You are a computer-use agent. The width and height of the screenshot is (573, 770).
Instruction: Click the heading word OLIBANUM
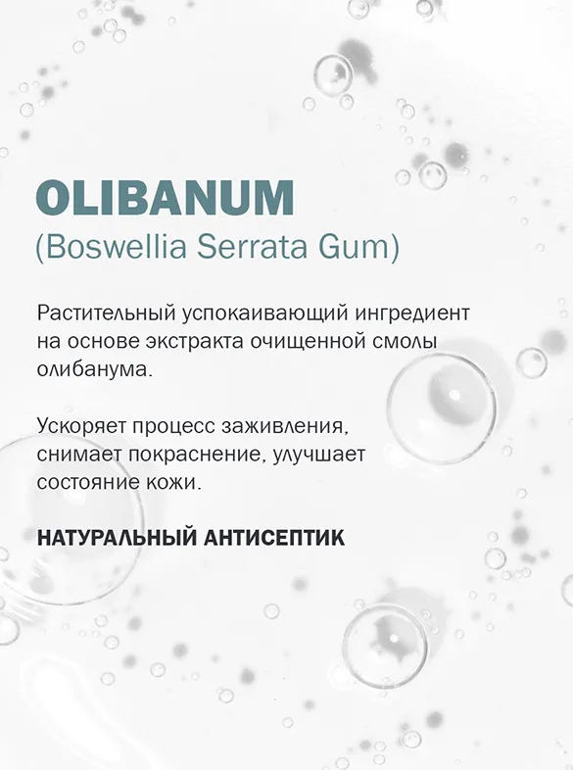[165, 198]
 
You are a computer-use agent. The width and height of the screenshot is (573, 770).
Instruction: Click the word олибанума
[94, 371]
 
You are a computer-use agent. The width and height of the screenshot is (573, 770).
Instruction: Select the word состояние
[94, 485]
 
